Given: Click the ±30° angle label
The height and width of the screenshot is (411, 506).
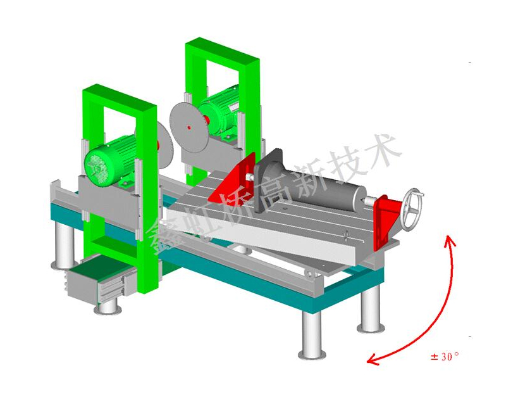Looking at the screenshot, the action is coord(445,357).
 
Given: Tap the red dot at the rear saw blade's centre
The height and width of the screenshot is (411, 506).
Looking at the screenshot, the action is coord(189,128).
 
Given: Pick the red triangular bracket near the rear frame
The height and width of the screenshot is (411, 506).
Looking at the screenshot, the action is coord(233,178).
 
